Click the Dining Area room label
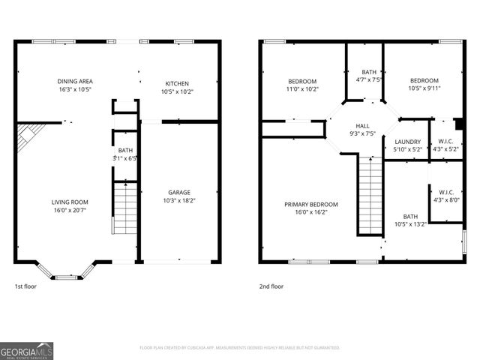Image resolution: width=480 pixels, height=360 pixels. [x=74, y=81]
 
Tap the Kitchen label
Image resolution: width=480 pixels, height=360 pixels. [x=177, y=83]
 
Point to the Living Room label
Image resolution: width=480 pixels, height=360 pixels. [x=69, y=202]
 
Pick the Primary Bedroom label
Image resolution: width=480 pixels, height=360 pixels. [x=310, y=204]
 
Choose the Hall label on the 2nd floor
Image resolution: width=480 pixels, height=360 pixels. [x=362, y=126]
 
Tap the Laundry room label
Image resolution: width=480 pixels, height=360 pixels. [x=407, y=141]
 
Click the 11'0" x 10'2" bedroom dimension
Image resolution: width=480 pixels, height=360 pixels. [x=302, y=89]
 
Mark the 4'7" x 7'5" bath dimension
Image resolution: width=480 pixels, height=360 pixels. [x=369, y=79]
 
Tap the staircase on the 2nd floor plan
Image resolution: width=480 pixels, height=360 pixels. [x=370, y=193]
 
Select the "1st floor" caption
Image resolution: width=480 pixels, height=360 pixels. [x=25, y=286]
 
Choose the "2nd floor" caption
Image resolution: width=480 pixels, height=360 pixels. [x=271, y=286]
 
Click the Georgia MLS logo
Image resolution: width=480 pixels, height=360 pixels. [x=27, y=350]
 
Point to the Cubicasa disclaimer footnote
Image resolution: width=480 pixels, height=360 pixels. [x=239, y=348]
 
